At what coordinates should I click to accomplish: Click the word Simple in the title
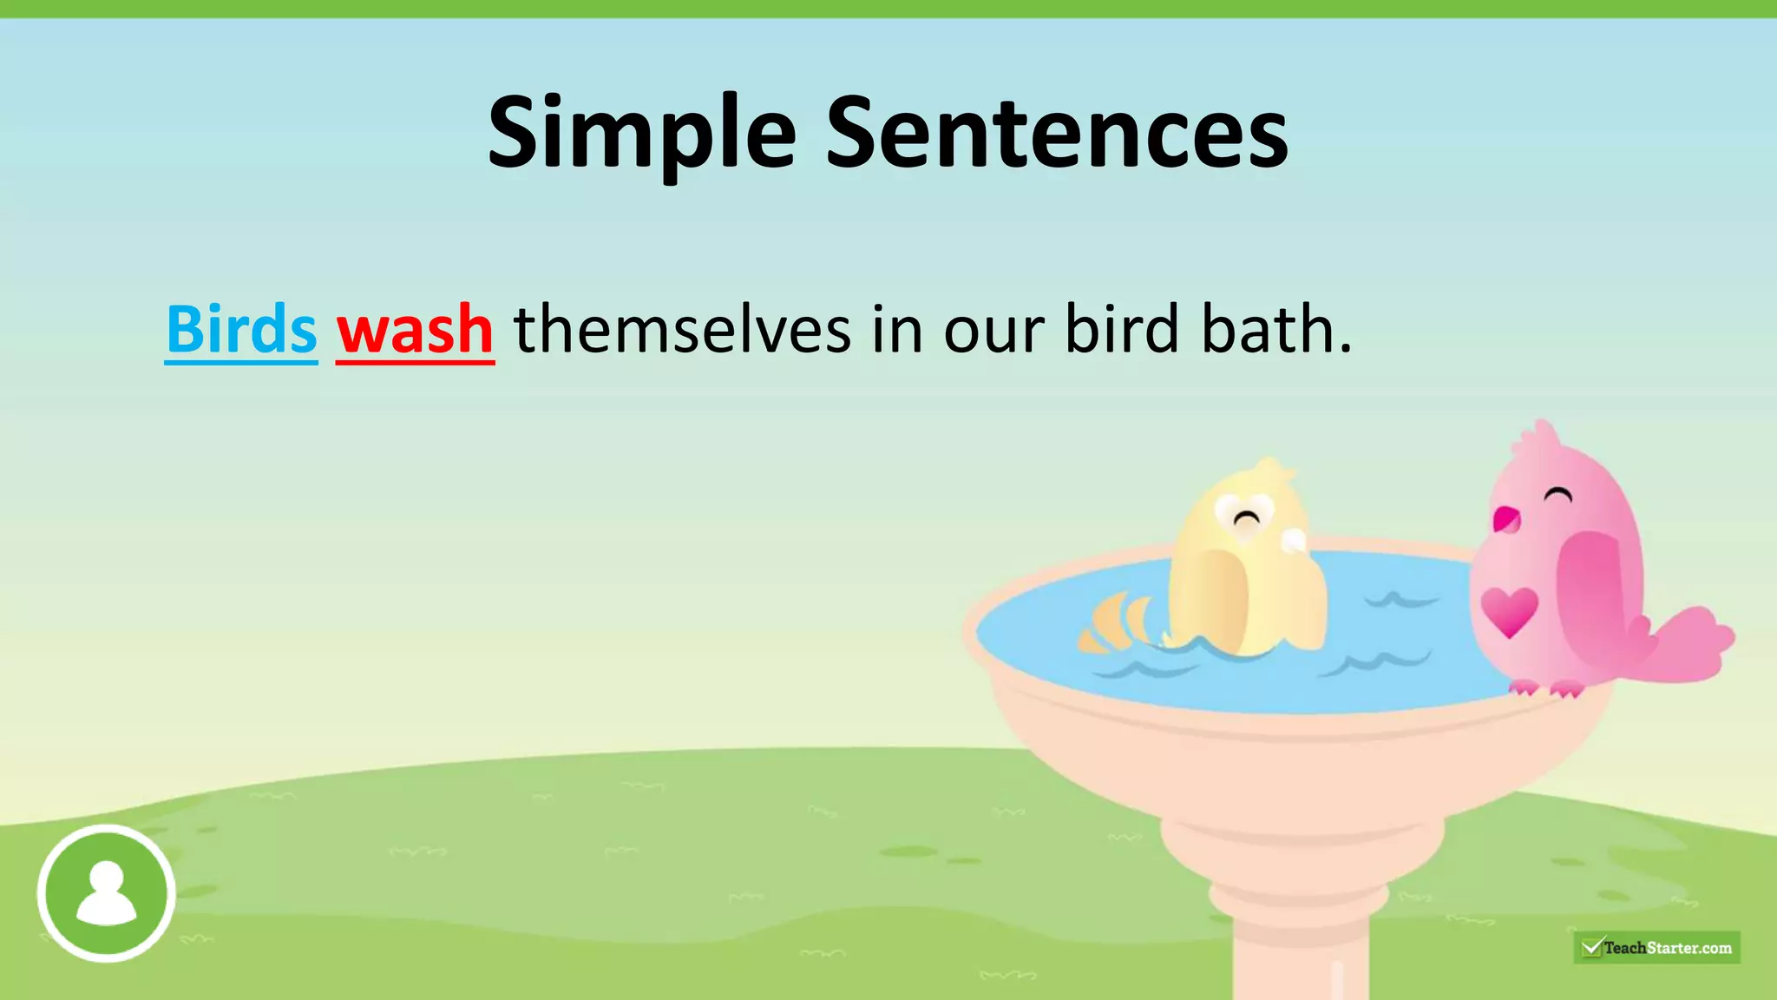pos(641,135)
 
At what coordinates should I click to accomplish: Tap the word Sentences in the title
pos(1056,135)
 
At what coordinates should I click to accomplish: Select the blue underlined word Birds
pos(241,330)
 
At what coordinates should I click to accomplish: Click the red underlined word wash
pos(415,330)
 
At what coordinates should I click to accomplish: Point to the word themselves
pos(682,330)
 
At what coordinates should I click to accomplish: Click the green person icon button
pos(106,893)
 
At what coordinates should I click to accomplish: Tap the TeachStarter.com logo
pos(1656,947)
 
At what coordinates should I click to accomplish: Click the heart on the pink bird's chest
pos(1509,610)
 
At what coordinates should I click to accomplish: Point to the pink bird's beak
pos(1505,519)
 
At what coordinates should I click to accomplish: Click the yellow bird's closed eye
pos(1247,519)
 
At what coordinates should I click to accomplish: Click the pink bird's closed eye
pos(1558,497)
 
